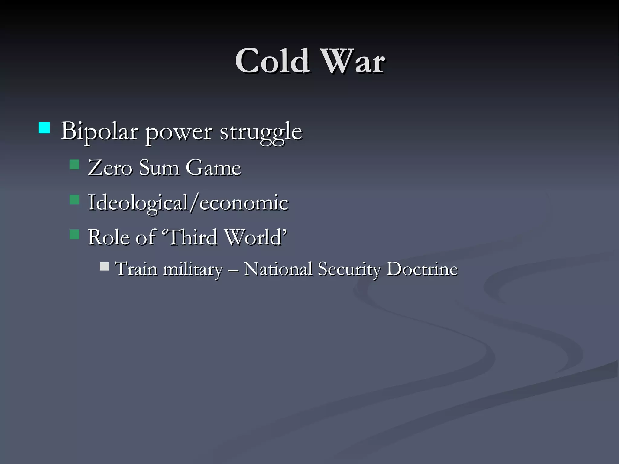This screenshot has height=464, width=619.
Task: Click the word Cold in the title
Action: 272,61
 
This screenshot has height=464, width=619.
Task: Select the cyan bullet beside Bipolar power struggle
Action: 44,128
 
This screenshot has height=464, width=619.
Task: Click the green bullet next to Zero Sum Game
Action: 74,165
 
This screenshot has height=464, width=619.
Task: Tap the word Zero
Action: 110,168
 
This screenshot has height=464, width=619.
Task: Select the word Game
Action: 213,168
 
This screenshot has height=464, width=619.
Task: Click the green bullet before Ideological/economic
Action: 74,200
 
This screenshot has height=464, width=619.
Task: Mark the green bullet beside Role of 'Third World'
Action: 74,234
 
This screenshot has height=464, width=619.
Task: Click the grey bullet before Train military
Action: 104,266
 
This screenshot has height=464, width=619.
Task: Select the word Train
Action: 136,269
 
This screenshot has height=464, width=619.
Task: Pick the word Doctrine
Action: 422,269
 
